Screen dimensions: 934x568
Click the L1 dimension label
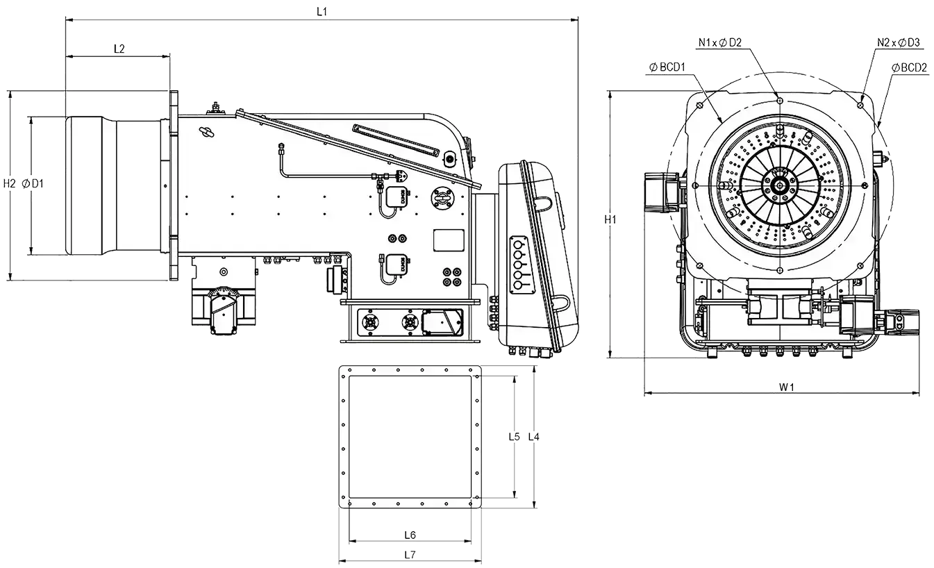tap(322, 12)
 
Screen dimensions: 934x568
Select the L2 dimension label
tap(119, 49)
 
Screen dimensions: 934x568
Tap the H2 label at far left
tap(9, 183)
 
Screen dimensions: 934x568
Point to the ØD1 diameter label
tap(33, 183)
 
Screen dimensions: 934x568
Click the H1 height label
tap(610, 219)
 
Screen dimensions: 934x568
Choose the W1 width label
tap(787, 387)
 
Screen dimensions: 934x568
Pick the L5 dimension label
tap(514, 437)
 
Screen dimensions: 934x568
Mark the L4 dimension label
tap(534, 437)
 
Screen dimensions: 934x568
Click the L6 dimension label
tap(410, 535)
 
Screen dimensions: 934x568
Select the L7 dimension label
tap(410, 555)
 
